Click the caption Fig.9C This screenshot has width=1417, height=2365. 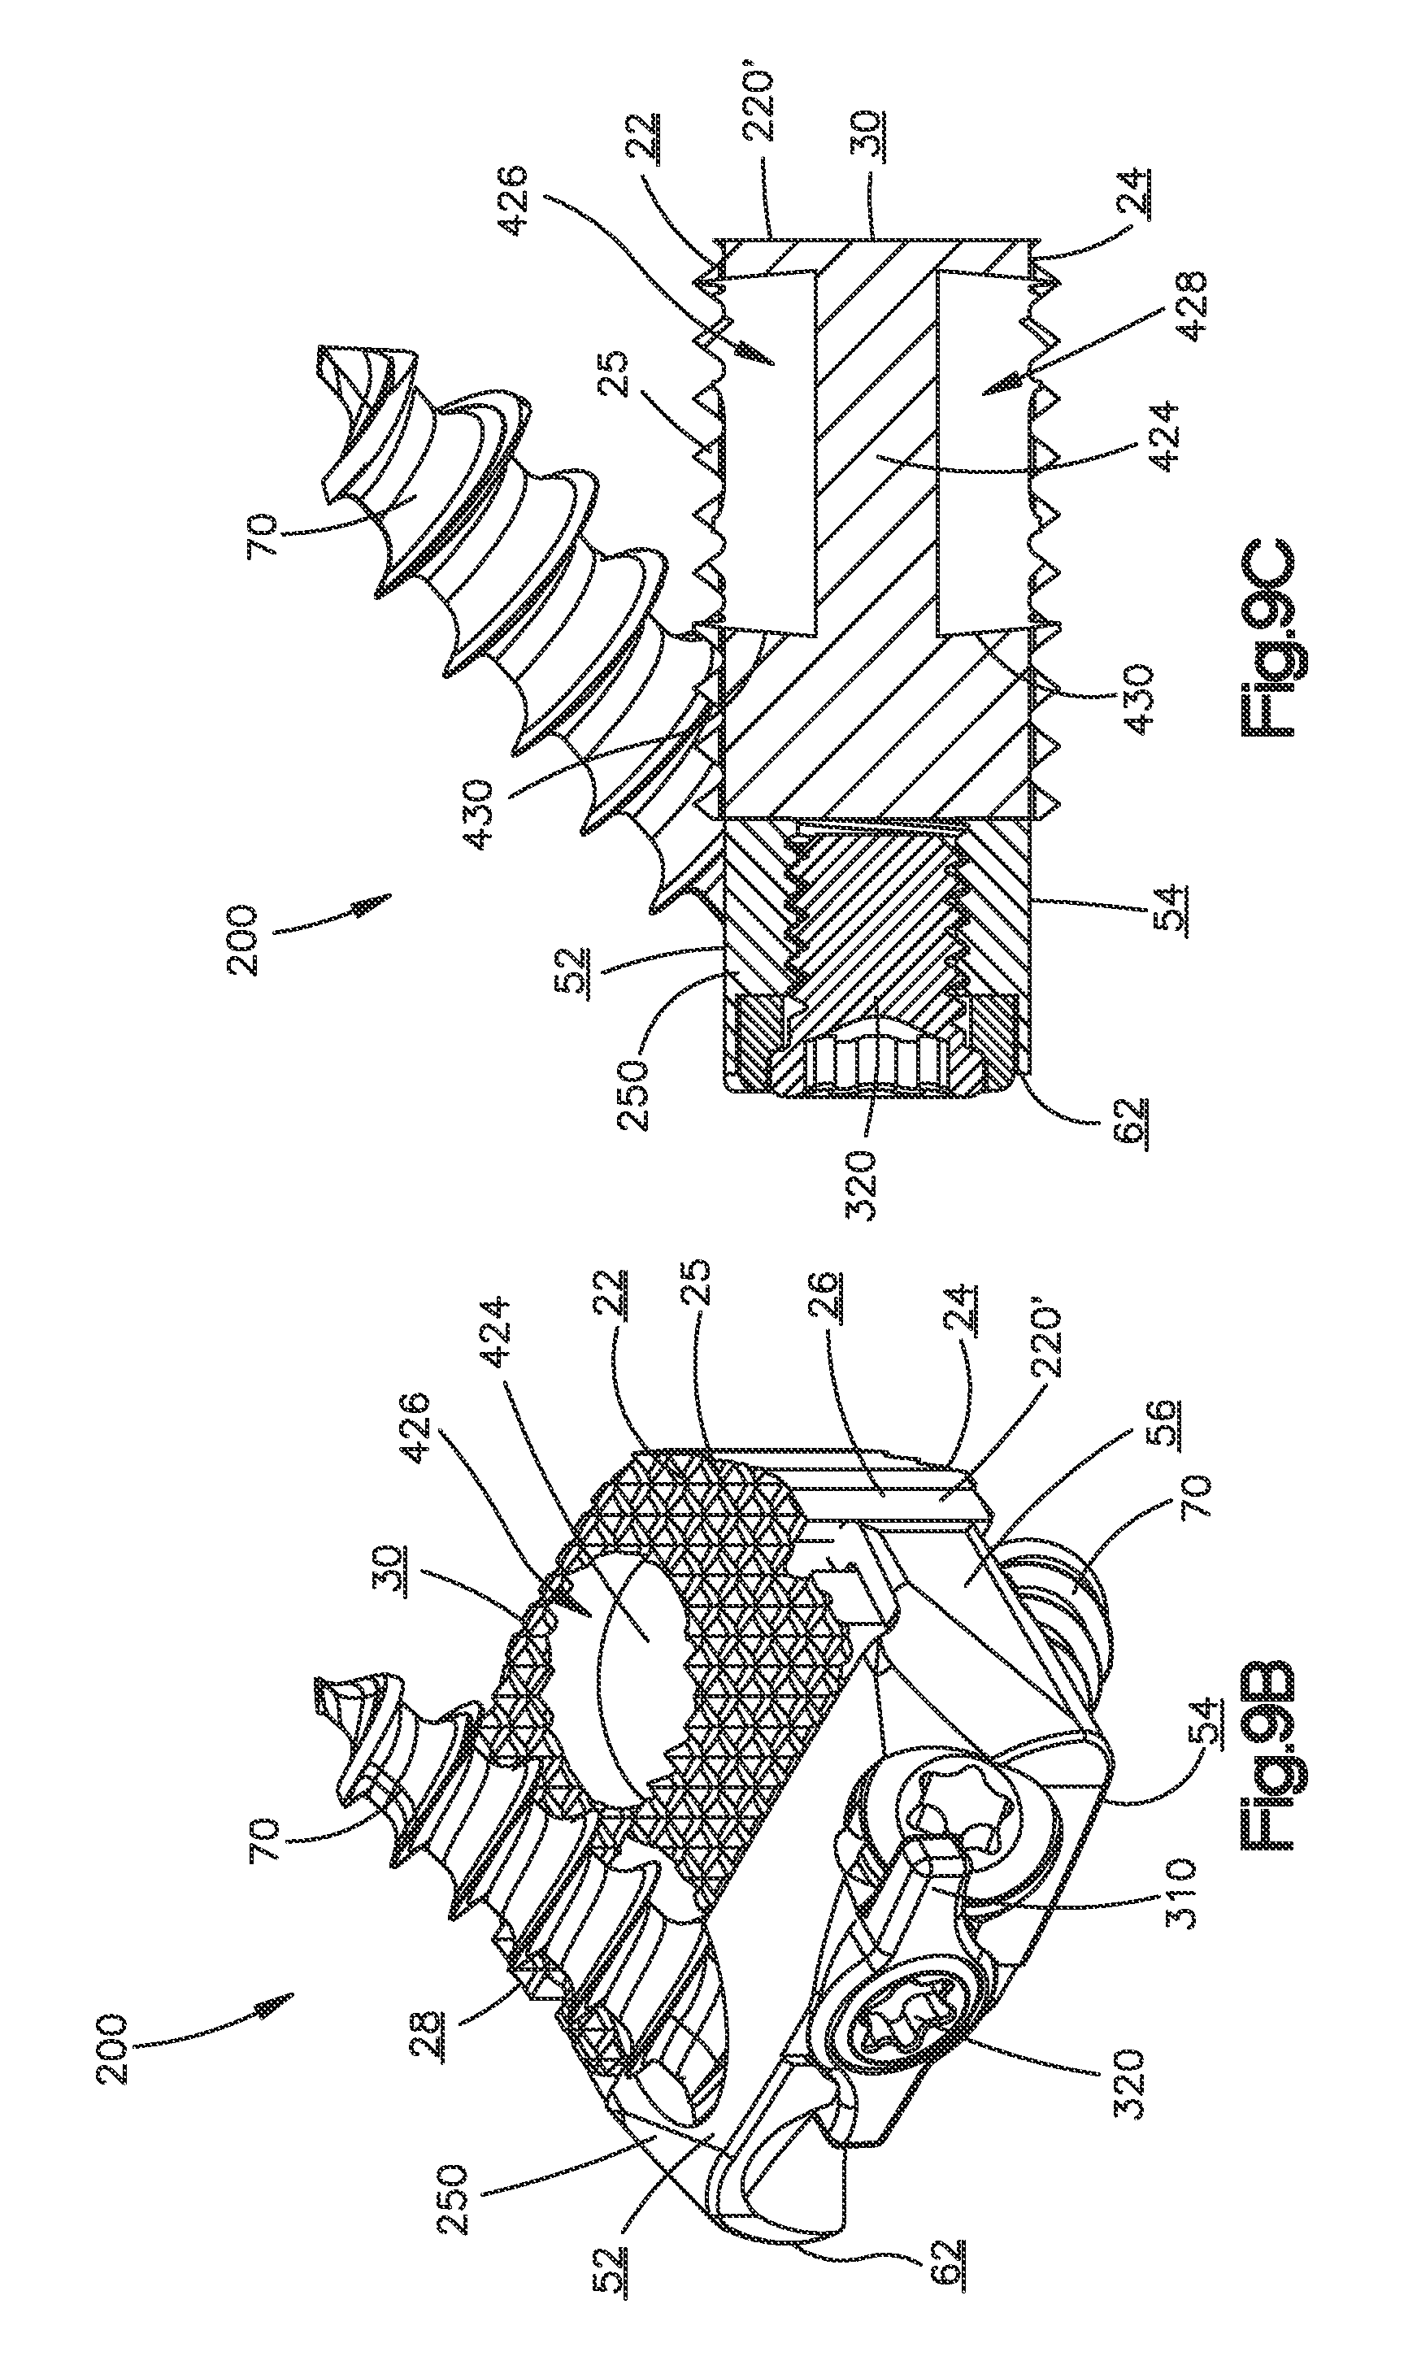click(1270, 639)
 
